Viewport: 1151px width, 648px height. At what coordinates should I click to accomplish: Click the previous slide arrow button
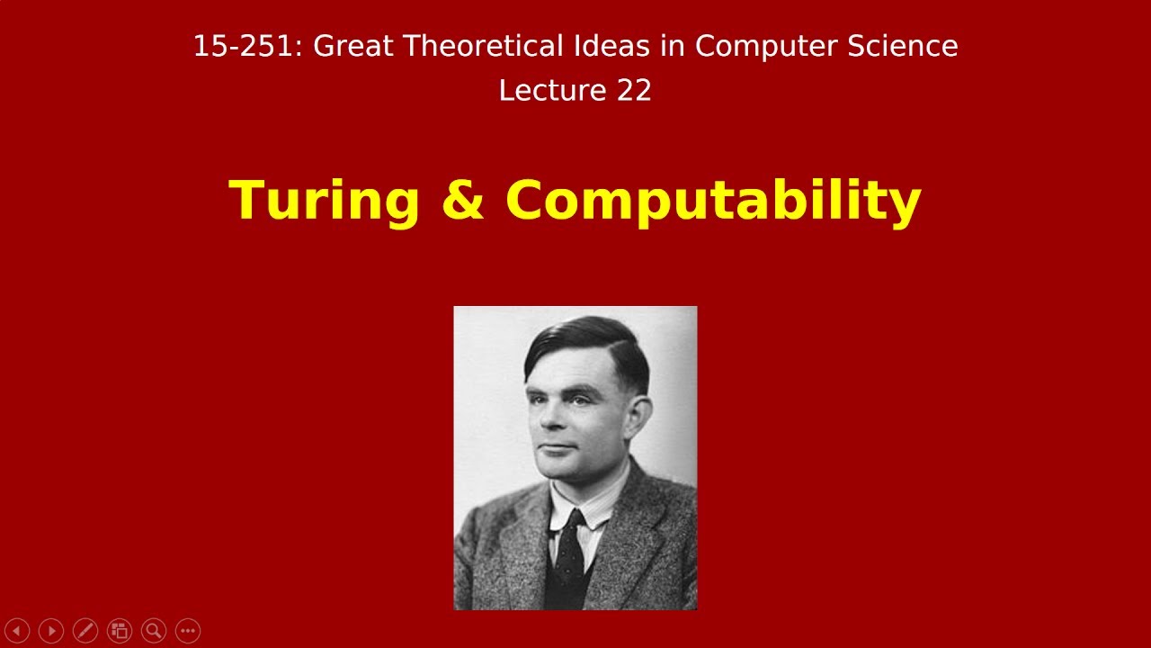point(17,631)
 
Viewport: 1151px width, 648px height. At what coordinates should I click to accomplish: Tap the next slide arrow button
point(51,631)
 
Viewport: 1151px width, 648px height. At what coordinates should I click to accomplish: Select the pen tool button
point(85,631)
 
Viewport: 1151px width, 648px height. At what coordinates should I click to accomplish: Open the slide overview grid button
point(120,631)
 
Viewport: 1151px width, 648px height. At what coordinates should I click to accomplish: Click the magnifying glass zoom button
point(154,631)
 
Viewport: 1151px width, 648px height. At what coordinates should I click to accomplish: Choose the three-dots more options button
point(188,631)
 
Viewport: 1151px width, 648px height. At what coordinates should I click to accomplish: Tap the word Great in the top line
point(353,46)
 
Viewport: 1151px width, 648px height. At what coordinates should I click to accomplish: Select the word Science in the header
point(908,46)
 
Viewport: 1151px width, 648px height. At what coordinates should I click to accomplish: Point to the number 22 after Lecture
point(633,91)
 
